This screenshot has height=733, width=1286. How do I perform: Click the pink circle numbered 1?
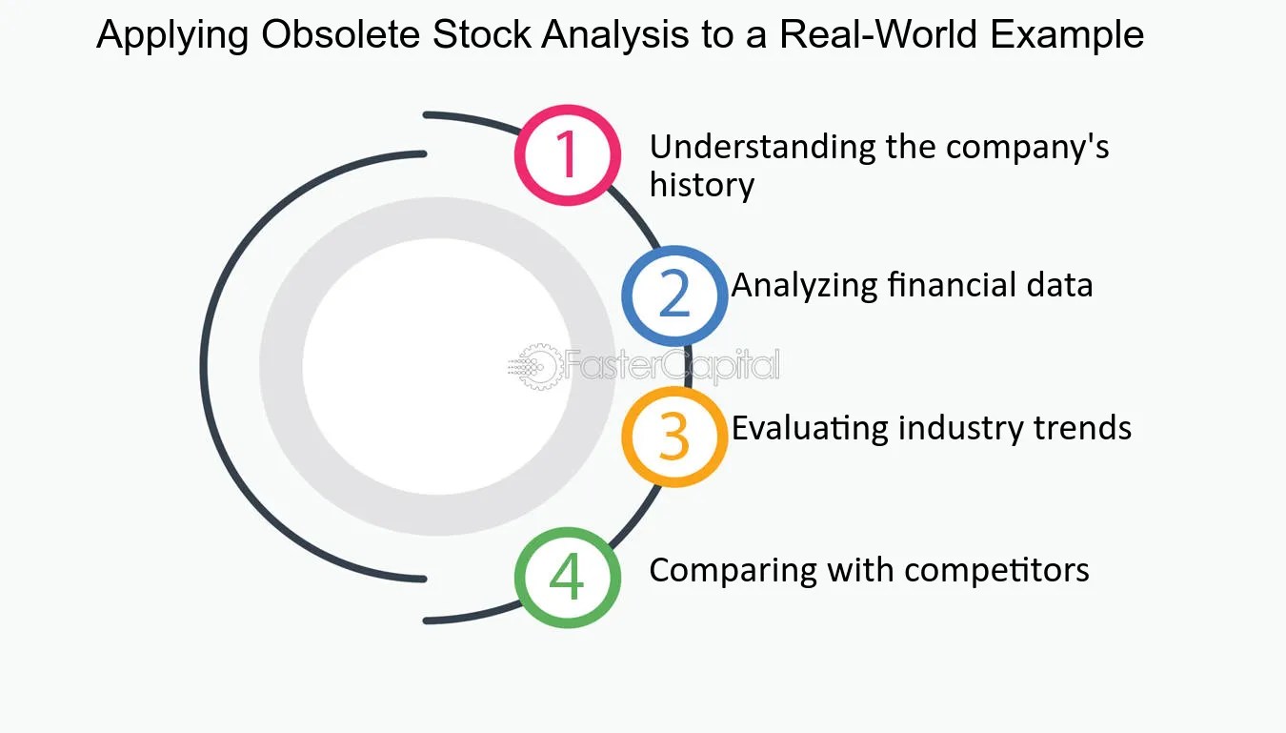[x=567, y=154]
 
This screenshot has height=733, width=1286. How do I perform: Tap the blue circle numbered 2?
[x=674, y=295]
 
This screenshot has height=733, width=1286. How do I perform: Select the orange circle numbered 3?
[x=674, y=436]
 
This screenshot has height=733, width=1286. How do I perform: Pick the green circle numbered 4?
[x=567, y=577]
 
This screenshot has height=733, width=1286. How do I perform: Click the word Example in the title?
[x=1067, y=36]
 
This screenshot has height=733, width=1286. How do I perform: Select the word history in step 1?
[x=701, y=185]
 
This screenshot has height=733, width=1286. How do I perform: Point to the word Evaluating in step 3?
[x=809, y=428]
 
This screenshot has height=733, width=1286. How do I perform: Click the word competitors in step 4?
[x=996, y=570]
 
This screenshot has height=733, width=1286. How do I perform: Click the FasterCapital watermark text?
[x=673, y=366]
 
